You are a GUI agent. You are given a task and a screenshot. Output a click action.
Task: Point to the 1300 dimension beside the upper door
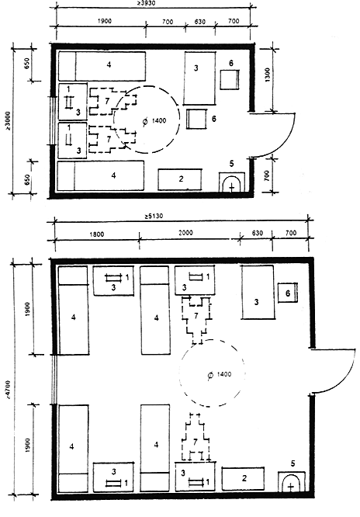[x=267, y=75]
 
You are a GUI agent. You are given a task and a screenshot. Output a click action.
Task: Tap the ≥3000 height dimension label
[x=8, y=120]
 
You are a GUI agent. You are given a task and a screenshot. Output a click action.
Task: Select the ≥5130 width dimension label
[x=153, y=217]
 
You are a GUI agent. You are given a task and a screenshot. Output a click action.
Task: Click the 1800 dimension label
[x=96, y=234]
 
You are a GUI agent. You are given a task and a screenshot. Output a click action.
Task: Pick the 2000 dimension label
[x=185, y=233]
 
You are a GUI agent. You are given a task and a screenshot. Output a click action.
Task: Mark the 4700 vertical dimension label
[x=8, y=390]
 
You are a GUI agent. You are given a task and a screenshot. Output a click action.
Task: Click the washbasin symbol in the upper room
[x=232, y=182]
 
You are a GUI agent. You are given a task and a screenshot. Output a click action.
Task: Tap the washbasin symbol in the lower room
[x=291, y=482]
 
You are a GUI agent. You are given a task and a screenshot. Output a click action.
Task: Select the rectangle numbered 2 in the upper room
[x=180, y=179]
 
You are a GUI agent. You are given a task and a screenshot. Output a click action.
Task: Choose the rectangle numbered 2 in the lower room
[x=244, y=478]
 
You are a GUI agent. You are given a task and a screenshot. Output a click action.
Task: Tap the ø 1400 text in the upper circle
[x=154, y=121]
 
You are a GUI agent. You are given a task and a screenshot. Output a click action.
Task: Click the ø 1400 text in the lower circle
[x=220, y=375]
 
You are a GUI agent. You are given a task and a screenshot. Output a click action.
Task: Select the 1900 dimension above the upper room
[x=105, y=21]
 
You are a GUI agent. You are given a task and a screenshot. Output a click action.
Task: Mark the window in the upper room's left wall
[x=53, y=120]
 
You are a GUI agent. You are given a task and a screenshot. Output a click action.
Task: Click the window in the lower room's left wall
[x=55, y=379]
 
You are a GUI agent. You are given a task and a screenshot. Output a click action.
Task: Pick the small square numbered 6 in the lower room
[x=288, y=293]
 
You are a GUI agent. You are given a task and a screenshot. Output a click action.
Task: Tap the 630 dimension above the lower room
[x=257, y=234]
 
